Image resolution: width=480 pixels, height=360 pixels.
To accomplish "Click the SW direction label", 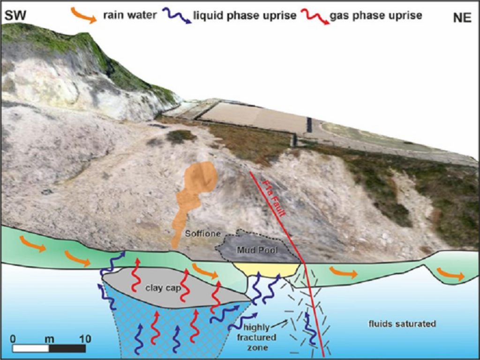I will point(14,15).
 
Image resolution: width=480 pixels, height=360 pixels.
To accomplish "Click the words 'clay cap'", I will point(160,288).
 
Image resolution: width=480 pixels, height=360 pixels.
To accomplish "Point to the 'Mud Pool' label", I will point(257,250).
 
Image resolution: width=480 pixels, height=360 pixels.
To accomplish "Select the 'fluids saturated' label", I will point(402,324).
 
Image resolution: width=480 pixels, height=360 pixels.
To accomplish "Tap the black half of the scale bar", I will point(67,348).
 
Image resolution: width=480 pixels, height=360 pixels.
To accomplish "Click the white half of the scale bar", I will point(31,348).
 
